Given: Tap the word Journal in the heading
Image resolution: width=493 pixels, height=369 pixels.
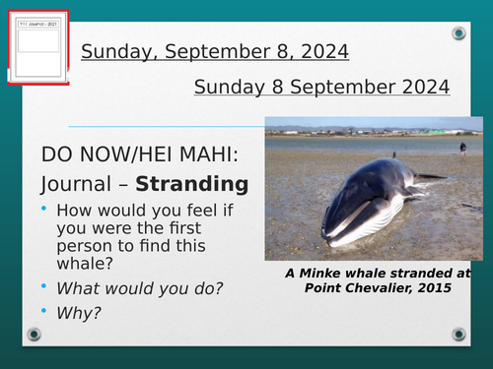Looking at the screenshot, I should click(77, 184).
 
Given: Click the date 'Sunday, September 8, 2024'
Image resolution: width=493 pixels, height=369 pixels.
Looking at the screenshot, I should click(214, 51).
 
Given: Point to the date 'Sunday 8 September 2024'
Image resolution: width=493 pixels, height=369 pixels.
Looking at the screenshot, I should click(321, 87).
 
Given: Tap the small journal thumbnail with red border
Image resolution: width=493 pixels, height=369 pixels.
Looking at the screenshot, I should click(38, 54).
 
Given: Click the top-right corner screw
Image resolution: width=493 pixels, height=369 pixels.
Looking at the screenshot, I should click(458, 34).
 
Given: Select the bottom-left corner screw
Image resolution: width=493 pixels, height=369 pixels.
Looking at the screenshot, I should click(35, 335).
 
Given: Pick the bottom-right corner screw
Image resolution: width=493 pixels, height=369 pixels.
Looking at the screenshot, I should click(458, 335).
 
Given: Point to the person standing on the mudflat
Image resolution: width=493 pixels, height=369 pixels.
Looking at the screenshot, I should click(461, 148).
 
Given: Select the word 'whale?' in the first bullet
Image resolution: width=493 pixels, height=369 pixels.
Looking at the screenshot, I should click(88, 263).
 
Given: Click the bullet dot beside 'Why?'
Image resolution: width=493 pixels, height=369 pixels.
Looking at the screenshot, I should click(45, 311).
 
